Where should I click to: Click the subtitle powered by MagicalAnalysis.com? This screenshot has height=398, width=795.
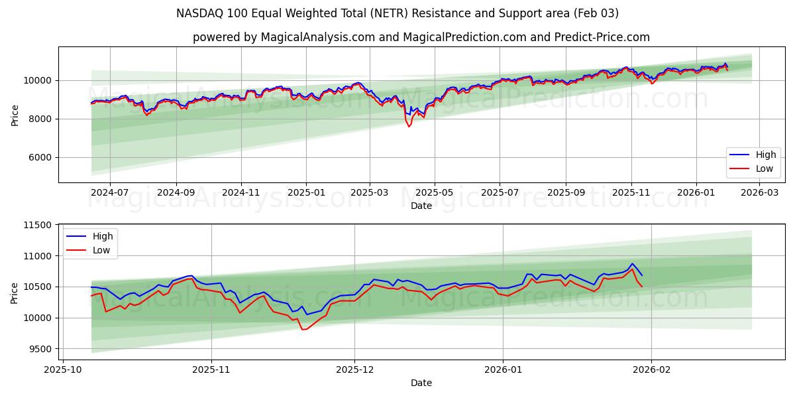coord(421,37)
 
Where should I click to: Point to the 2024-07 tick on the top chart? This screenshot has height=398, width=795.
coord(109,192)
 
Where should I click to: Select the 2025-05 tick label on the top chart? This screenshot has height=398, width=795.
coord(435,192)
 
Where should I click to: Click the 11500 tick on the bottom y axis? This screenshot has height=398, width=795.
coord(37,226)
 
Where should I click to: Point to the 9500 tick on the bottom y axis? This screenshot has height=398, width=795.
coord(40,349)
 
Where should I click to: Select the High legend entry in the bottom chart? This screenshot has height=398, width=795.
coord(90,236)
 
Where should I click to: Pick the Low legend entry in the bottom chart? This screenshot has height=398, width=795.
coord(90,250)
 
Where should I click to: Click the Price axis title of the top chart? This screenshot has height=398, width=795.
coord(15,114)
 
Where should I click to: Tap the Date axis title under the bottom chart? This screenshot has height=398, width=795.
coord(421,383)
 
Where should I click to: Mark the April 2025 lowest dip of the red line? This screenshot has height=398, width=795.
coord(409,126)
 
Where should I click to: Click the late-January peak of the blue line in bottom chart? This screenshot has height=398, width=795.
coord(631,263)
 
